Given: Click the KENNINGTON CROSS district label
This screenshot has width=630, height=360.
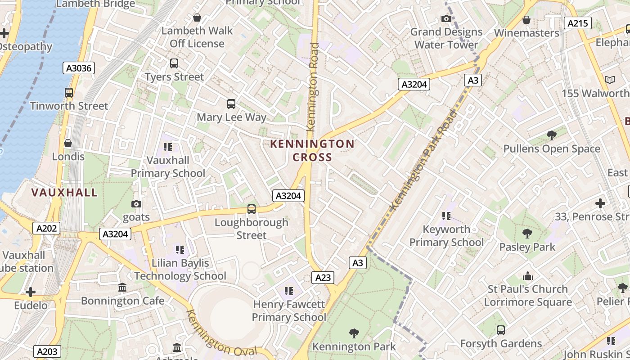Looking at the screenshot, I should click(312, 150).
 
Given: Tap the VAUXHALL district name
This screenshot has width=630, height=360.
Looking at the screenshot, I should click(64, 193).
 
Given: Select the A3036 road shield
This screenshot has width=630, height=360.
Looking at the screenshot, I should click(79, 68).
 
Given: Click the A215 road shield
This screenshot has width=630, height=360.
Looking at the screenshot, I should click(578, 23).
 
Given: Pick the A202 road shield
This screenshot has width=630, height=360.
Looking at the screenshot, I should click(46, 228).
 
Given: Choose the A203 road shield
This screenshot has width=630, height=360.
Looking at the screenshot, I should click(47, 351).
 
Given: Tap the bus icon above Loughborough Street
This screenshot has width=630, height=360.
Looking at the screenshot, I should click(252, 209).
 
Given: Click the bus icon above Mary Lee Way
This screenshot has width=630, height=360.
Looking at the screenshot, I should click(231, 104).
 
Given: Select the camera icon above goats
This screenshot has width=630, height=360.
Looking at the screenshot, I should click(136, 204).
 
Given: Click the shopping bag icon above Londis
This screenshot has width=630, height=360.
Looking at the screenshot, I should click(68, 143).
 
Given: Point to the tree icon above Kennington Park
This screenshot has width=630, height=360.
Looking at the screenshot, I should click(354, 333).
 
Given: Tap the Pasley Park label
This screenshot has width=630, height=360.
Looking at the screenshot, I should click(527, 247).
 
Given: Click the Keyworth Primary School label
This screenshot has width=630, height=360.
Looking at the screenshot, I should click(446, 236).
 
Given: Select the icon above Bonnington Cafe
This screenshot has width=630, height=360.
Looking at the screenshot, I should click(122, 288).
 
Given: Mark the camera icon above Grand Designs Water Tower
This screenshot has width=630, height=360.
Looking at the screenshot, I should click(446, 18).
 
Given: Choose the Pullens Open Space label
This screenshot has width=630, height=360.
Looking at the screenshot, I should click(552, 149).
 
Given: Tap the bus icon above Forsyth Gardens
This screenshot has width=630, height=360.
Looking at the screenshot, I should click(501, 330).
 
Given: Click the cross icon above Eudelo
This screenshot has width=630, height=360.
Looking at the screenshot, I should click(31, 292).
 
